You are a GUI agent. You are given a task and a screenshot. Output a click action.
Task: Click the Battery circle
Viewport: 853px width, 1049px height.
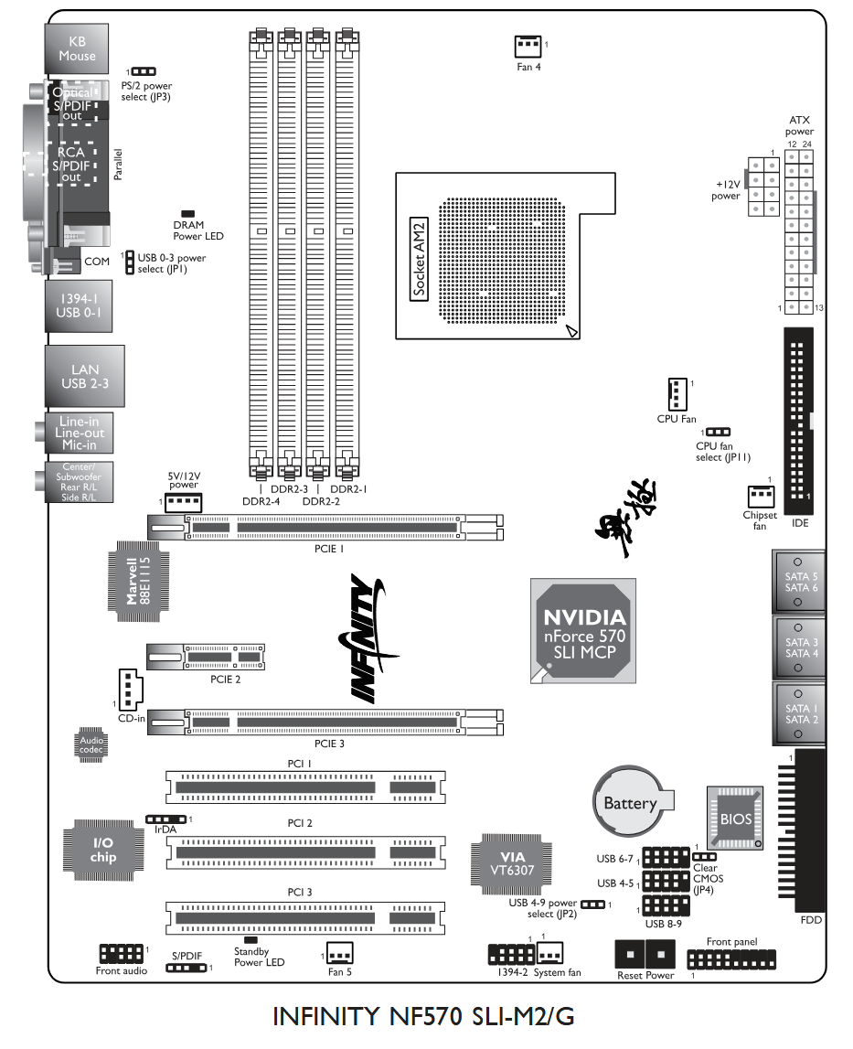coord(630,803)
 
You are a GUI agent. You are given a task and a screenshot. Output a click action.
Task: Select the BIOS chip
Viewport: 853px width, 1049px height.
coord(736,818)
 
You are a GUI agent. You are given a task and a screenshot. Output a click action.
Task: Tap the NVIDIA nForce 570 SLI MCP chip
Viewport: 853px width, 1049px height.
coord(584,630)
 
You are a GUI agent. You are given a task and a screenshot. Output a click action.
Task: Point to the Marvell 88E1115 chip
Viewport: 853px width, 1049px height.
coord(137,582)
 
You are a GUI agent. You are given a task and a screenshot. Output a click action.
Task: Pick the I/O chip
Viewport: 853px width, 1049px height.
coord(102,850)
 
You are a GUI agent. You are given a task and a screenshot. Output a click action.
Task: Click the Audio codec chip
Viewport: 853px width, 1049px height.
coord(91,744)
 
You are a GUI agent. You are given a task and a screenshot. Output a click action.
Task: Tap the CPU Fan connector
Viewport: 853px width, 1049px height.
coord(677,394)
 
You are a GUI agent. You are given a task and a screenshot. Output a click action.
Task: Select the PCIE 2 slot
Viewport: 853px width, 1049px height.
coord(206,657)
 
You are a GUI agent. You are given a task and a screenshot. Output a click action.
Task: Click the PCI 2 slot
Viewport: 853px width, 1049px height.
coord(305,852)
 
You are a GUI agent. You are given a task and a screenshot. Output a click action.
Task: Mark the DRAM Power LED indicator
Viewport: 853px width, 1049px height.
coord(188,212)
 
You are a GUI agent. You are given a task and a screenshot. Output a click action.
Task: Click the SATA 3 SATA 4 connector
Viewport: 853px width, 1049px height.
coord(799,647)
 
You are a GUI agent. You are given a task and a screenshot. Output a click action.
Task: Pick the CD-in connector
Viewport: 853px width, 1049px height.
coord(127,688)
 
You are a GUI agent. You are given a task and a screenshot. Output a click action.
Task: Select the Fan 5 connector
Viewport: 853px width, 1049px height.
coord(340,954)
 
